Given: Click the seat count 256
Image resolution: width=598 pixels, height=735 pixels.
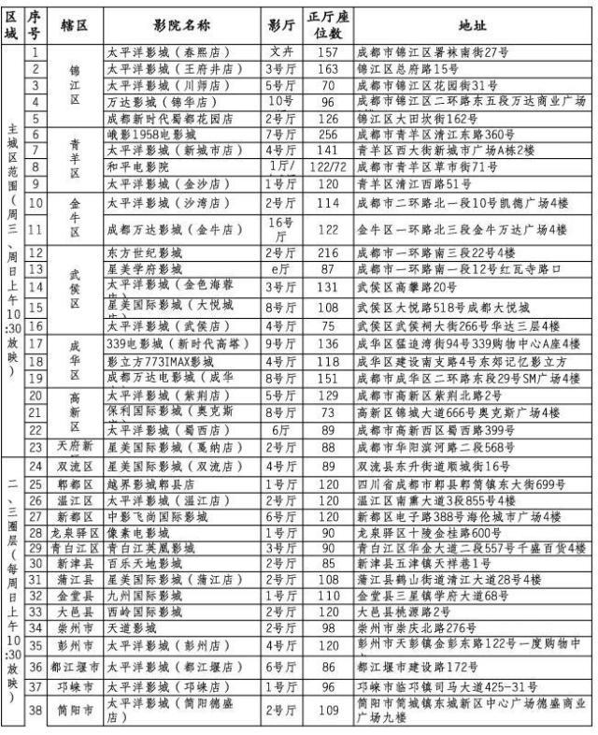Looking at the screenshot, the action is (x=328, y=134).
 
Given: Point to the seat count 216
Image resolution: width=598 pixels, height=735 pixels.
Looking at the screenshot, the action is (x=328, y=252).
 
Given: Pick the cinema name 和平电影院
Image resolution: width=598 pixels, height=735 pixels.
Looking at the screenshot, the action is (x=136, y=166).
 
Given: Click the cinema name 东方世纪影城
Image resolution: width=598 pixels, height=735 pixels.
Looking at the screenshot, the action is (x=143, y=252).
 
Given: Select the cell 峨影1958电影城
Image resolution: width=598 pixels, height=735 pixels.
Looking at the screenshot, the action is (x=149, y=134).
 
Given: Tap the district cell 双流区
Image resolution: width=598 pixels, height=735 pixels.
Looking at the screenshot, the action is (x=75, y=465).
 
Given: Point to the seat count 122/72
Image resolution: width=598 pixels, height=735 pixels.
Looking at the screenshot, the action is (x=328, y=166).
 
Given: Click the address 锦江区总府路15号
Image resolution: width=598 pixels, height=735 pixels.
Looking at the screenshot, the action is (x=411, y=68).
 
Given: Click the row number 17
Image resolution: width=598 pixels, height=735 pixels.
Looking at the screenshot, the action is (x=35, y=343).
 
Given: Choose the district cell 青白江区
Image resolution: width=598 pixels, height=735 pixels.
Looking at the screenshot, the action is (x=75, y=548).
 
